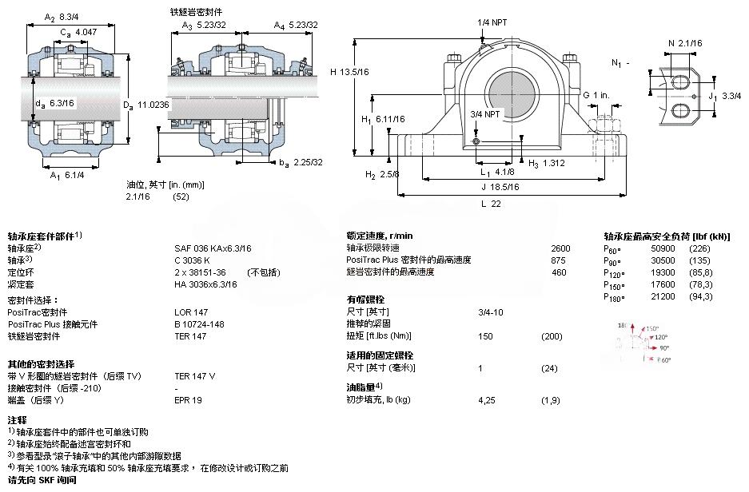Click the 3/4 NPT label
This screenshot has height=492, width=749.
[x=485, y=114]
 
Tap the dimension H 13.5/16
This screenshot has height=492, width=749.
[x=349, y=72]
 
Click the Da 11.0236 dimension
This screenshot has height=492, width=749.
[x=146, y=105]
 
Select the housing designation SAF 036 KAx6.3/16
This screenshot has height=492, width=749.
[x=213, y=248]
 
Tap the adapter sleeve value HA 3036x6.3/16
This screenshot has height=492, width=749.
[x=205, y=284]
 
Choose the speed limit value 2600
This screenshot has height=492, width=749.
[x=561, y=248]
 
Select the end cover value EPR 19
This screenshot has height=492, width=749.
[x=189, y=399]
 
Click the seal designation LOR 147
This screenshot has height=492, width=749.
[x=191, y=312]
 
